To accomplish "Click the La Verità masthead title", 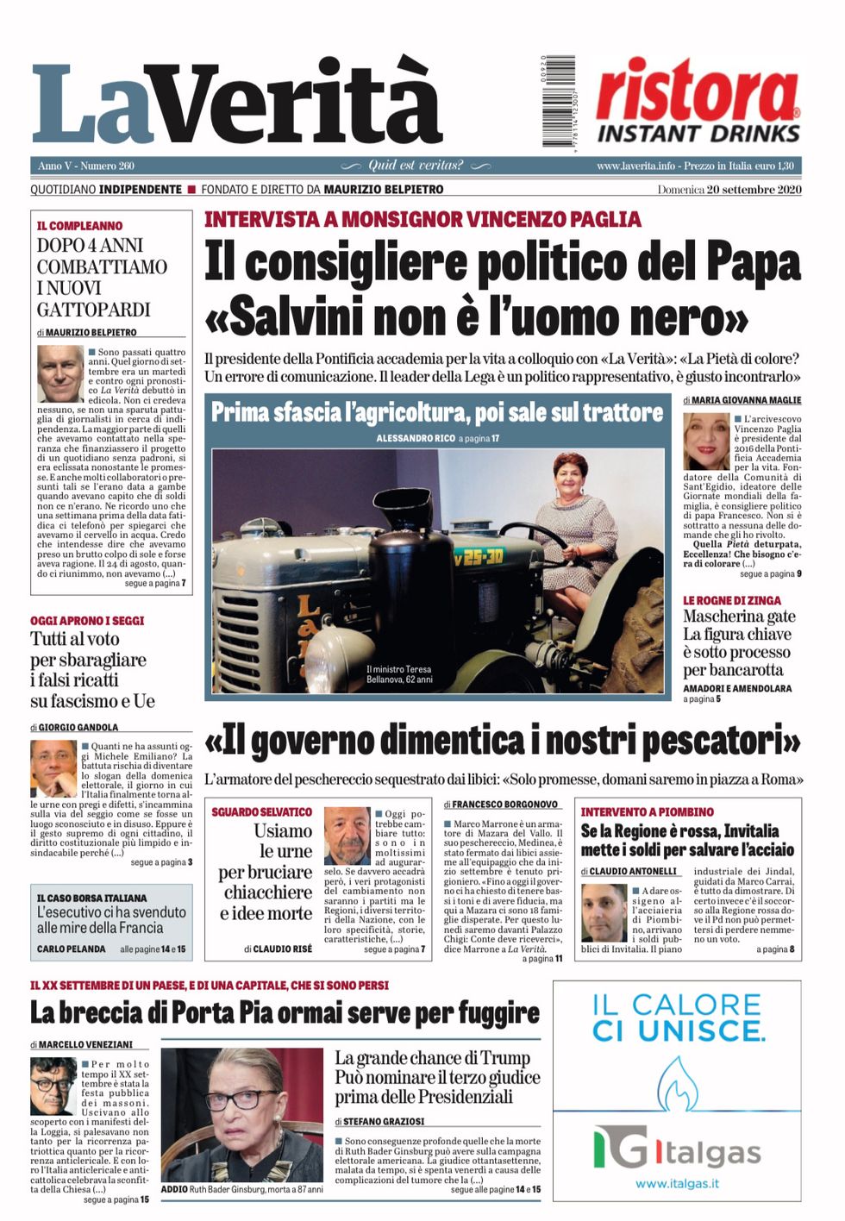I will [237, 103].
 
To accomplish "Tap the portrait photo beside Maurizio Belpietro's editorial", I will [60, 373].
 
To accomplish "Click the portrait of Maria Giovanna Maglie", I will [706, 441].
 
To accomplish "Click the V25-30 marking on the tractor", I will [478, 557].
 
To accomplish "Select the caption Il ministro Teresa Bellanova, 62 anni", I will [398, 673].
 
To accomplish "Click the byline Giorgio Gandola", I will [78, 727].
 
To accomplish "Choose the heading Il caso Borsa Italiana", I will [91, 898].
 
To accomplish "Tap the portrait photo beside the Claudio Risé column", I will [347, 836].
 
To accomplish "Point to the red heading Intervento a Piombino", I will [647, 811].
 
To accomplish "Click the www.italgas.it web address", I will [677, 1183].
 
